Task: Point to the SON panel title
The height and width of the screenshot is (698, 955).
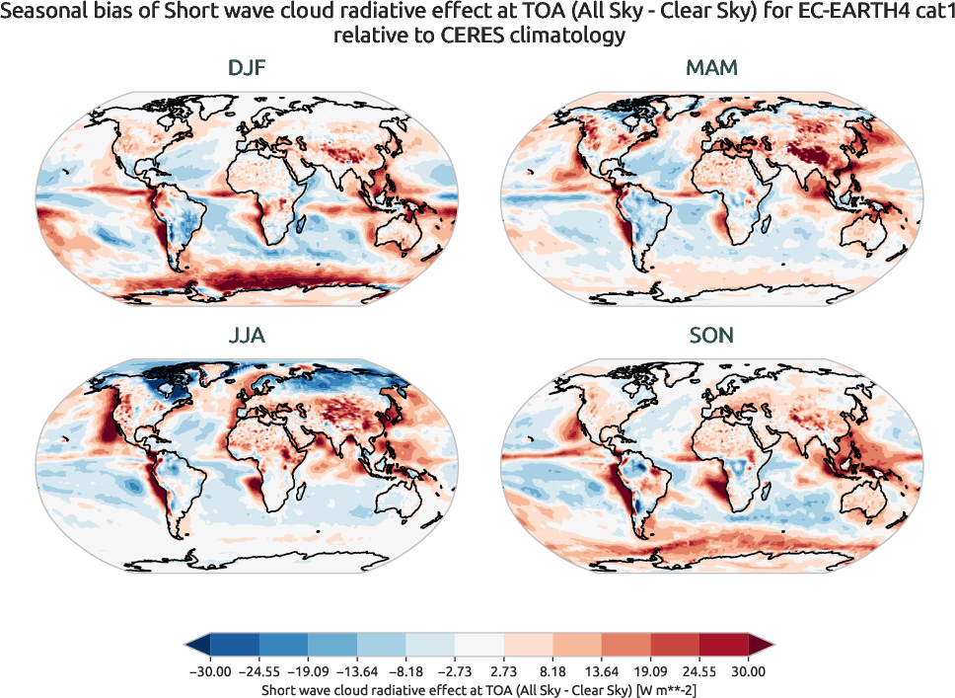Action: pyautogui.click(x=711, y=336)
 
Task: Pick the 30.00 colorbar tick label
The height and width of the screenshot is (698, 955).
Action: pyautogui.click(x=748, y=671)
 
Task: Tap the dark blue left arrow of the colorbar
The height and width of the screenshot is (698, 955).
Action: pyautogui.click(x=196, y=647)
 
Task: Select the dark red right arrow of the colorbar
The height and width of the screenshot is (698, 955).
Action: pyautogui.click(x=761, y=647)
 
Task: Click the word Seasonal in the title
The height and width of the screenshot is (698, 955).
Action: pyautogui.click(x=43, y=15)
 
